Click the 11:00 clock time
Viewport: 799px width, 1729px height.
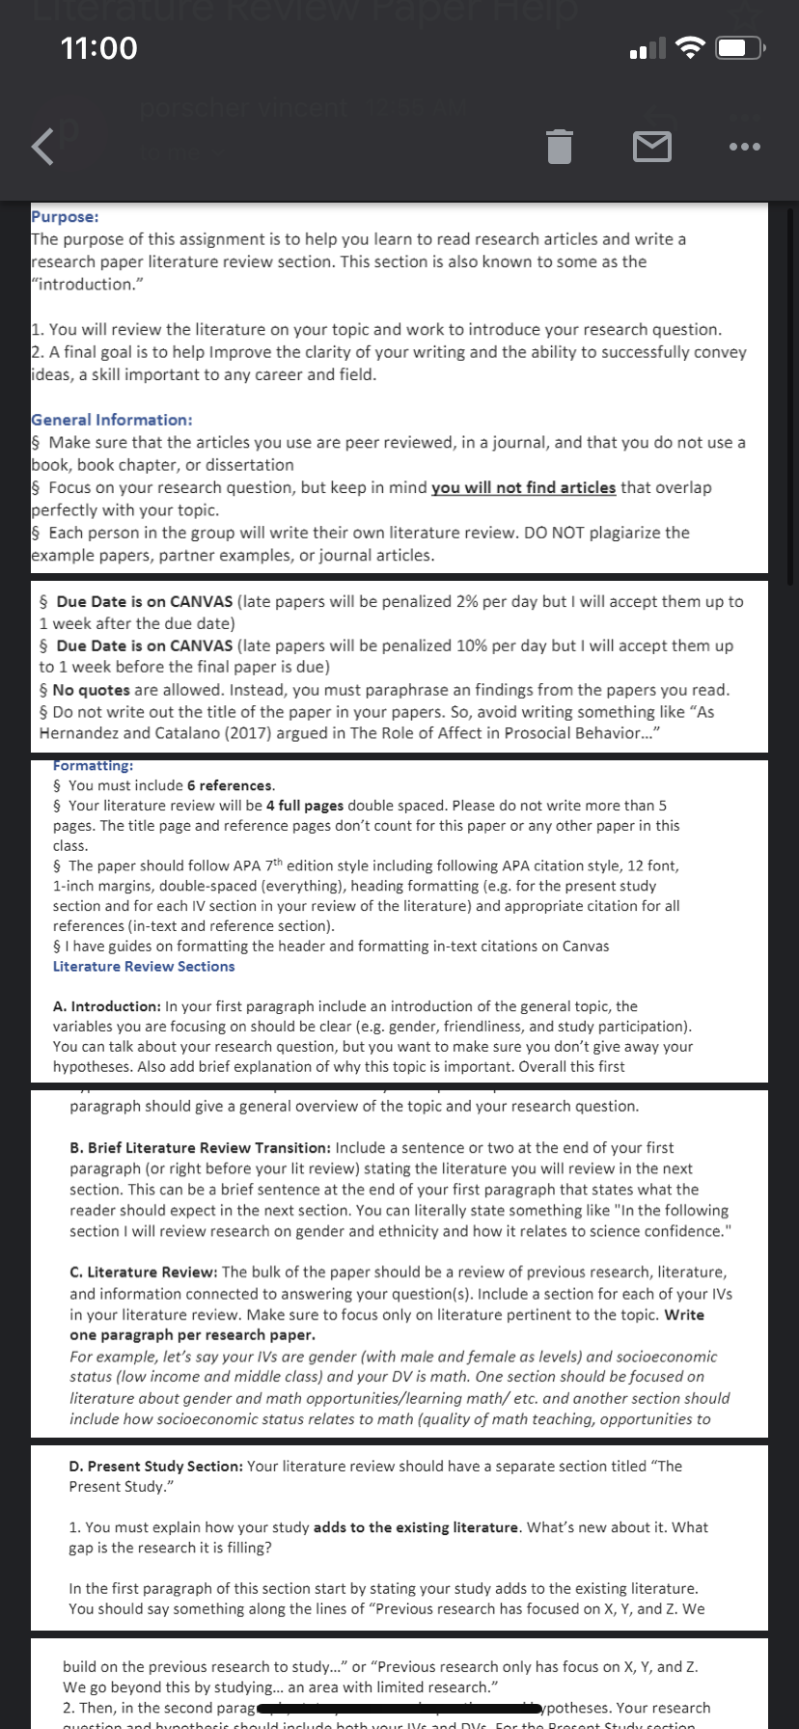coord(98,47)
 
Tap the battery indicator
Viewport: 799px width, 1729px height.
coord(741,47)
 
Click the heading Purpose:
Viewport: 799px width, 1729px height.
coord(65,217)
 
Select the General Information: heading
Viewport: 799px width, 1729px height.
coord(112,420)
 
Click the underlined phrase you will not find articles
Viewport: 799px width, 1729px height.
coord(523,487)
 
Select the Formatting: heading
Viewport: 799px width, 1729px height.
coord(94,765)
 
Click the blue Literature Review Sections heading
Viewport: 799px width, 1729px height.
coord(144,966)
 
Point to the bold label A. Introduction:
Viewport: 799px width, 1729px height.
coord(107,1006)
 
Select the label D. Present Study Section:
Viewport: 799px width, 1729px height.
coord(155,1467)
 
